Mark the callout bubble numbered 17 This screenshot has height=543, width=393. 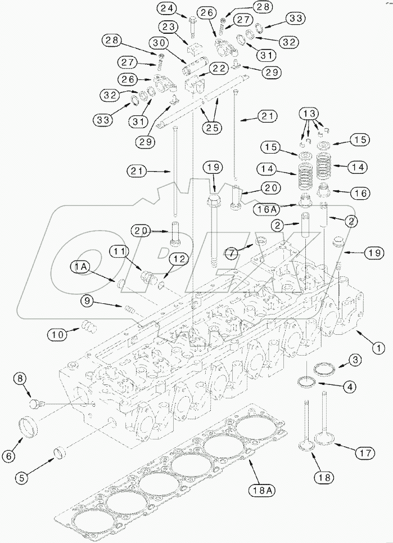point(363,451)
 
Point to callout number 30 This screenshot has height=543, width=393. point(158,43)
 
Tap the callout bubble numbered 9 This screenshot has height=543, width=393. point(88,302)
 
